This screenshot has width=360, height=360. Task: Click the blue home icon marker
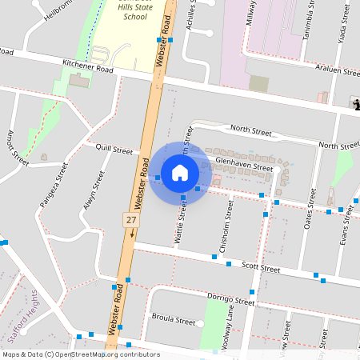180,172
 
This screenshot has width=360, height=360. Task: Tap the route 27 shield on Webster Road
130,218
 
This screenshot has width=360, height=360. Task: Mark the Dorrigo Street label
230,299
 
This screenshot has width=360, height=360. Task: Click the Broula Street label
173,321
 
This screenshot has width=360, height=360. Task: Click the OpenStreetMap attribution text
82,354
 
